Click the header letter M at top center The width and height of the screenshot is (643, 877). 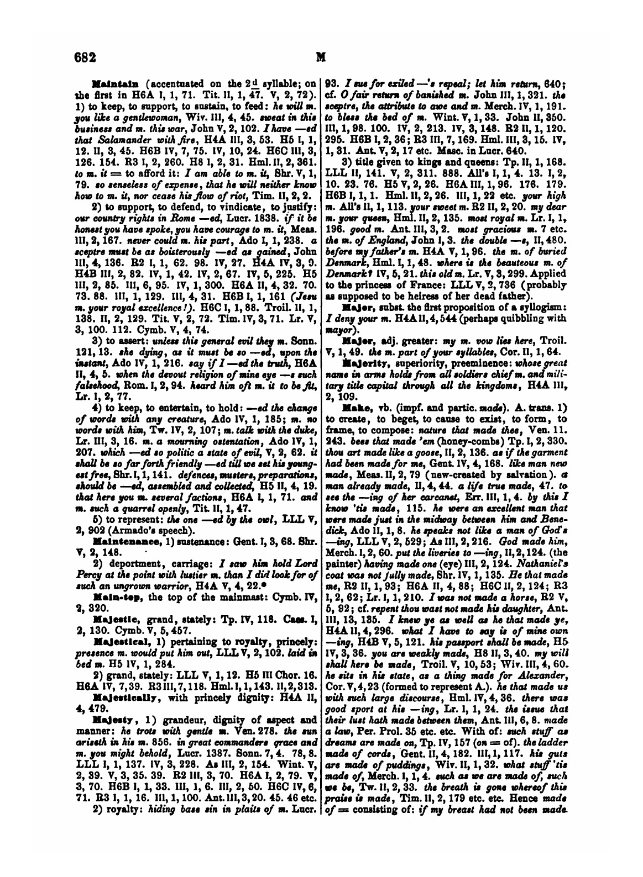pyautogui.click(x=319, y=56)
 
